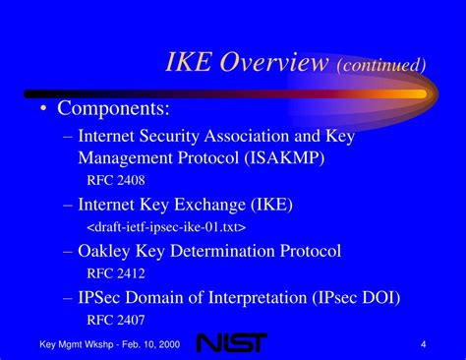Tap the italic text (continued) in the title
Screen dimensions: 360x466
point(381,66)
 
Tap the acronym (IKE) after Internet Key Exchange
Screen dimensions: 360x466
point(272,204)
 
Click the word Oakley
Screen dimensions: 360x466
point(107,251)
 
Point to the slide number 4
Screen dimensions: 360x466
point(422,342)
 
